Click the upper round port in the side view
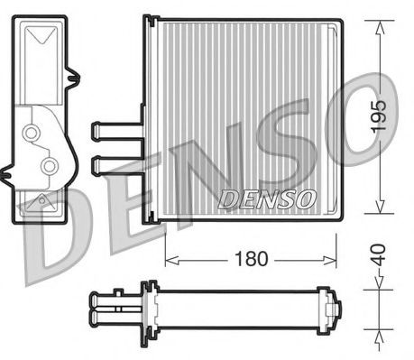click(x=33, y=133)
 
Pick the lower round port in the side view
click(x=50, y=165)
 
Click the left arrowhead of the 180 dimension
click(x=172, y=260)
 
